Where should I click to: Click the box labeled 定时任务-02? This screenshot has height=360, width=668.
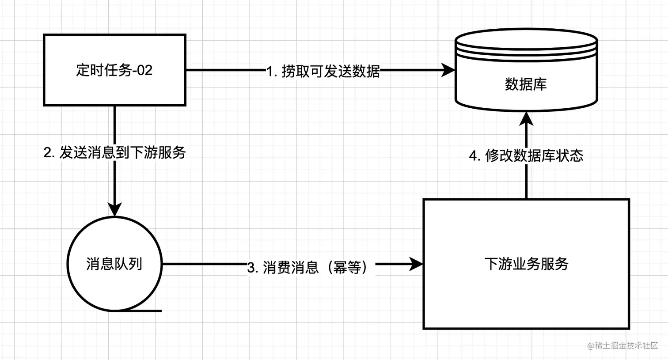pos(114,70)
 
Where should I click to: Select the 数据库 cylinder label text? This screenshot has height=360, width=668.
pos(526,84)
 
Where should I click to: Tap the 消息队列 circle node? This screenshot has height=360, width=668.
pos(114,264)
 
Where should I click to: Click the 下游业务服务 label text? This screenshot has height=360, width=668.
pos(526,264)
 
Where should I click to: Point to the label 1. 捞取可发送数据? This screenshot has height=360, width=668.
pos(323,71)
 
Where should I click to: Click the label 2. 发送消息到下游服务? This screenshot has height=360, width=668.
pos(114,153)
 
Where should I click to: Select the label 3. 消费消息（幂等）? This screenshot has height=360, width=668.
pos(307,267)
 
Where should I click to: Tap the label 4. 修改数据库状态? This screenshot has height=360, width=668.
pos(526,155)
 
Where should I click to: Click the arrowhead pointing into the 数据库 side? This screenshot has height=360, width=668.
pos(449,70)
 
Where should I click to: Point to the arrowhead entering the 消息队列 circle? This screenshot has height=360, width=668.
pos(114,209)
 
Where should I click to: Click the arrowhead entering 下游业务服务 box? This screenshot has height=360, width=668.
pos(416,264)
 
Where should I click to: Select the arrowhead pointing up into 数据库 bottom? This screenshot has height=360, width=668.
pos(526,118)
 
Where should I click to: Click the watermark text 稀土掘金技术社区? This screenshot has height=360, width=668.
pos(626,346)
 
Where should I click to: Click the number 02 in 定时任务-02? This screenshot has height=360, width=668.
pos(144,70)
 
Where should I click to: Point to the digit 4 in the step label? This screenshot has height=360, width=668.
pos(474,156)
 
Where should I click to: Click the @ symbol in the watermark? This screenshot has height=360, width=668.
pos(590,346)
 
